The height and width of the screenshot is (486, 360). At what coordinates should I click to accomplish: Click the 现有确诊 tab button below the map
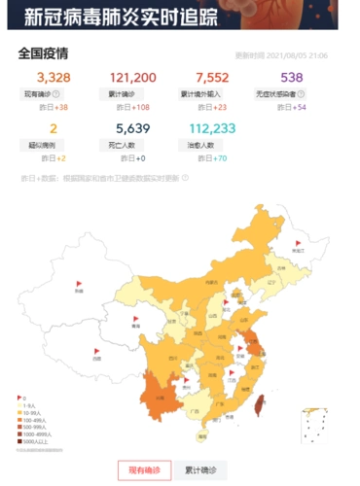pos(144,470)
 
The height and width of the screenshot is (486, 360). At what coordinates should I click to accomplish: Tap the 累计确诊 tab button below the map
pos(199,470)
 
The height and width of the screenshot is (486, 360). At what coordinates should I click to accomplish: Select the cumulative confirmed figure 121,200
pos(132,77)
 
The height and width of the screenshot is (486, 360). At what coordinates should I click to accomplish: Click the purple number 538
pos(292,77)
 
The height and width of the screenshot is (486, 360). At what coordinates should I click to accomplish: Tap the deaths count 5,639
pos(132,128)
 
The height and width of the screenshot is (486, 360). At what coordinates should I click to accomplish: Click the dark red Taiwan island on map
pos(258,399)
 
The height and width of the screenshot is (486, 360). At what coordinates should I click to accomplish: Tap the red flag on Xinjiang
pos(80,283)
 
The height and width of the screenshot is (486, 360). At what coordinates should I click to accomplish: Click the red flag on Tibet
pos(95,352)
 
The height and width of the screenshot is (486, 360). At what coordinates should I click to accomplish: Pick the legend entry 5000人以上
pos(36,441)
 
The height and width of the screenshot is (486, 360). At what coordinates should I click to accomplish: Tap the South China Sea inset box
pos(314,424)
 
